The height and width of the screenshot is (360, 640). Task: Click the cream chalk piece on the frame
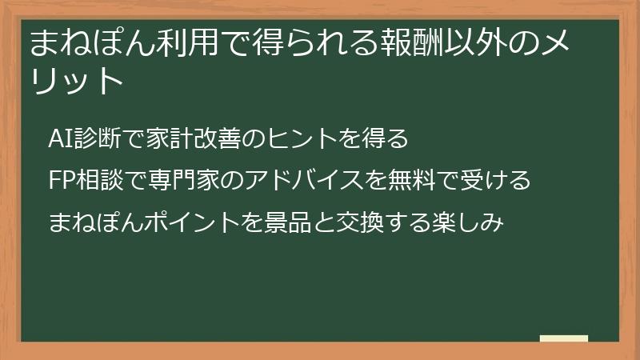pyautogui.click(x=564, y=338)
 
